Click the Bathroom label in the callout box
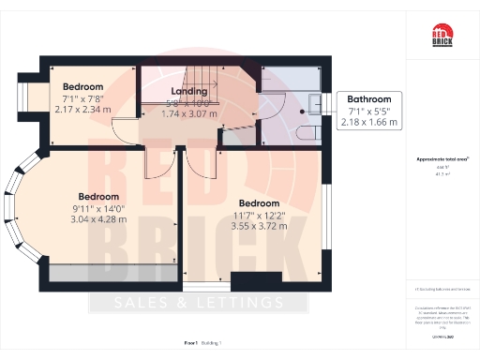[369, 99]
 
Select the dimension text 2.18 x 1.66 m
[369, 122]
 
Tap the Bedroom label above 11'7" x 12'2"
[259, 203]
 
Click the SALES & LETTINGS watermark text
[198, 303]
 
